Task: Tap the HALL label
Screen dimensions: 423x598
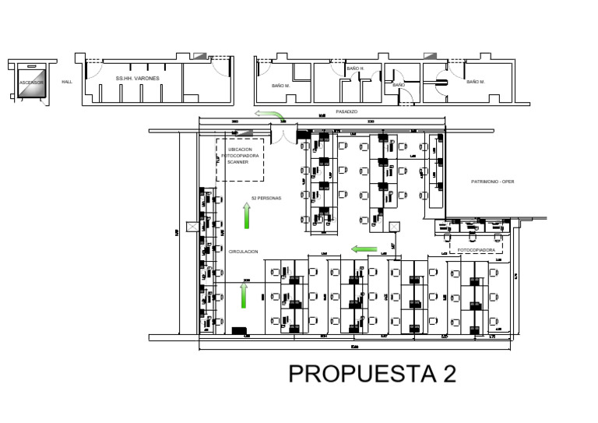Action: [67, 81]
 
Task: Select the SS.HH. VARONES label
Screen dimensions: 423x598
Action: [137, 79]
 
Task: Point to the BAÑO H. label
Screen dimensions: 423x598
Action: [355, 69]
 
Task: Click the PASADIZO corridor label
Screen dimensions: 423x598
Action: [346, 111]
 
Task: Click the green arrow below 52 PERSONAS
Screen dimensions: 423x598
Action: [247, 216]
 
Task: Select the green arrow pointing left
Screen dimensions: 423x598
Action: [364, 249]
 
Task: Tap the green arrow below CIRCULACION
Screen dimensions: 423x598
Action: [244, 296]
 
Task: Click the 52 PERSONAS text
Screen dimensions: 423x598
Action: [266, 198]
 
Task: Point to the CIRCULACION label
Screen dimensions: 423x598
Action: [243, 252]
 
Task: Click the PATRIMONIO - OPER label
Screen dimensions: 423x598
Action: [493, 182]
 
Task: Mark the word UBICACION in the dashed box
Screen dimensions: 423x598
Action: [240, 149]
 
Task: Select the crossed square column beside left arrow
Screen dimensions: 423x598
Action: [395, 227]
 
